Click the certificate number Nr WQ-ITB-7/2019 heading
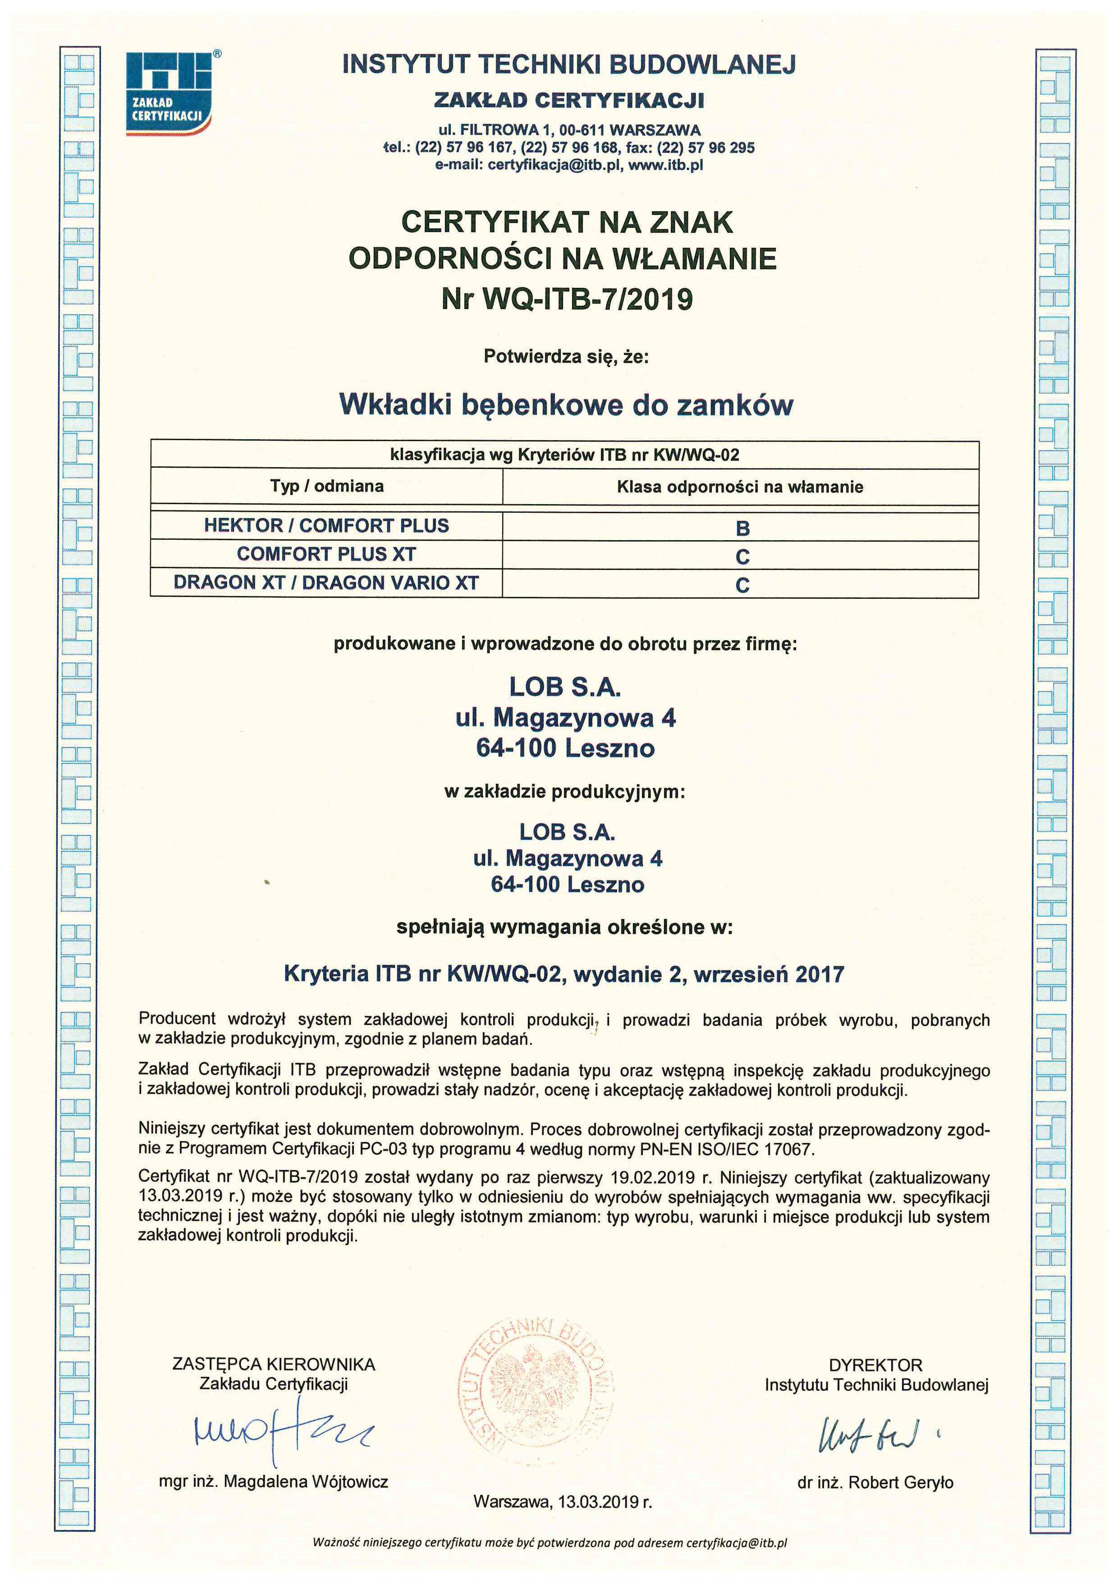pyautogui.click(x=567, y=299)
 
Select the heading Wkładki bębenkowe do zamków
pyautogui.click(x=566, y=405)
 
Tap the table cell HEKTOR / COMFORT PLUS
pyautogui.click(x=326, y=526)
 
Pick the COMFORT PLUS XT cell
pyautogui.click(x=326, y=554)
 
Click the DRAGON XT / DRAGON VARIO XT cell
pyautogui.click(x=326, y=583)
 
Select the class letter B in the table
pyautogui.click(x=742, y=528)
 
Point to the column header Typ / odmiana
pyautogui.click(x=326, y=486)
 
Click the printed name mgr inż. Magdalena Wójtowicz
pyautogui.click(x=273, y=1482)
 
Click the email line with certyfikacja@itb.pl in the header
pyautogui.click(x=568, y=165)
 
